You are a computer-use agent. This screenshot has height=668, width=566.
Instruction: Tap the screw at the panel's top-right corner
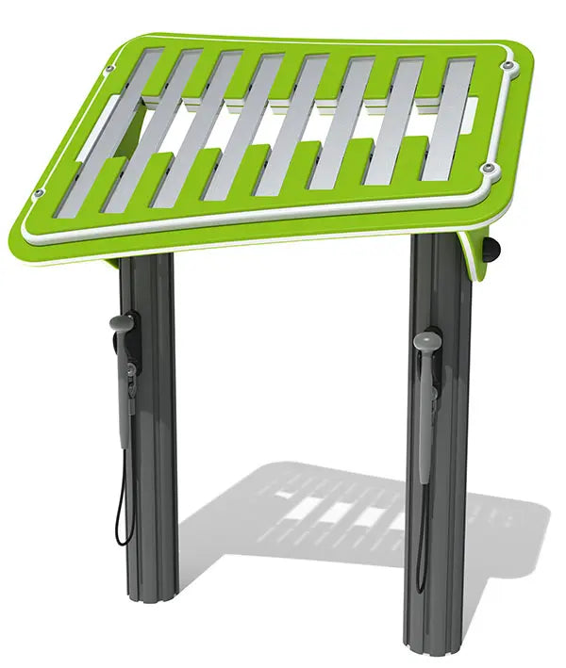pos(508,66)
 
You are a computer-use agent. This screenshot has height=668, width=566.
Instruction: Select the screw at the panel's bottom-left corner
pos(39,194)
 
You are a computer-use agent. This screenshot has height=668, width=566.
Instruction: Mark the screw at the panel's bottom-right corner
pos(488,169)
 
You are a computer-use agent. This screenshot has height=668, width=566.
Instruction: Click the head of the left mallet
pos(120,323)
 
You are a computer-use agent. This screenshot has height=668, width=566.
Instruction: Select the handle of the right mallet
pos(424,424)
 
